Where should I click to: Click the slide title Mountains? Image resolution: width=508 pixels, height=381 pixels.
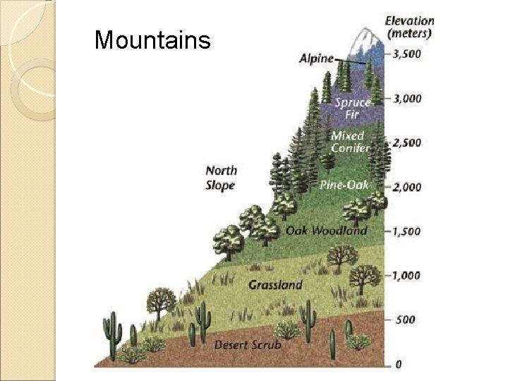point(152,40)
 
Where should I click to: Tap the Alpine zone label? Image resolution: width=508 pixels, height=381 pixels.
point(316,59)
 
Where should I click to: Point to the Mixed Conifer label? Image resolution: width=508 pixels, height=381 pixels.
point(350,141)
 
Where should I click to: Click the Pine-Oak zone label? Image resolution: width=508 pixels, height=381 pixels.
point(344,185)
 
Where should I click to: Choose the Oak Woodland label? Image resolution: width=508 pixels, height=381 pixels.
point(326,230)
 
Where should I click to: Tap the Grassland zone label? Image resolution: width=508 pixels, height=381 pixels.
point(275,285)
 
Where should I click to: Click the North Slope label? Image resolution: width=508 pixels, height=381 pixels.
point(221,177)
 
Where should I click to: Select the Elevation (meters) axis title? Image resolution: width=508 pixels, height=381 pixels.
point(409,26)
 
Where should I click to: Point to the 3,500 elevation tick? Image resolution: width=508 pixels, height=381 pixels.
point(407,53)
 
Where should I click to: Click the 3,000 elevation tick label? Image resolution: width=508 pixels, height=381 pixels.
point(407,98)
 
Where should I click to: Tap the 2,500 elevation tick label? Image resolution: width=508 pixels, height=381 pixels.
point(407,143)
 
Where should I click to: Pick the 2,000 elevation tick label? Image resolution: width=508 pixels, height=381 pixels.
point(407,187)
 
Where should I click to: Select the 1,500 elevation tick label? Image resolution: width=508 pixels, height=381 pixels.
point(407,231)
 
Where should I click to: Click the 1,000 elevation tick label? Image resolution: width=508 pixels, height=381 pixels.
point(407,276)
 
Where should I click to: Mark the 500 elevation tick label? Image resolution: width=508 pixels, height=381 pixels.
point(405,320)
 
